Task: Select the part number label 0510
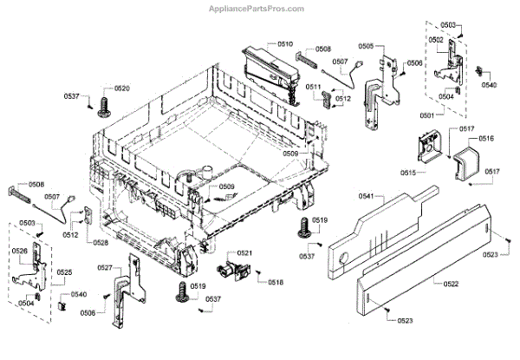point(286,43)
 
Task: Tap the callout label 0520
point(122,89)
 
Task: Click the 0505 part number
point(366,46)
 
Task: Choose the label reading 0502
point(436,40)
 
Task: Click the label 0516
point(485,138)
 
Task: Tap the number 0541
point(367,198)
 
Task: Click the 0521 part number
point(245,252)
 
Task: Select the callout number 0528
point(101,243)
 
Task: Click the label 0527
point(105,268)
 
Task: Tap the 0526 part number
point(21,252)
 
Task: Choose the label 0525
point(64,273)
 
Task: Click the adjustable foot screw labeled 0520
point(105,106)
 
